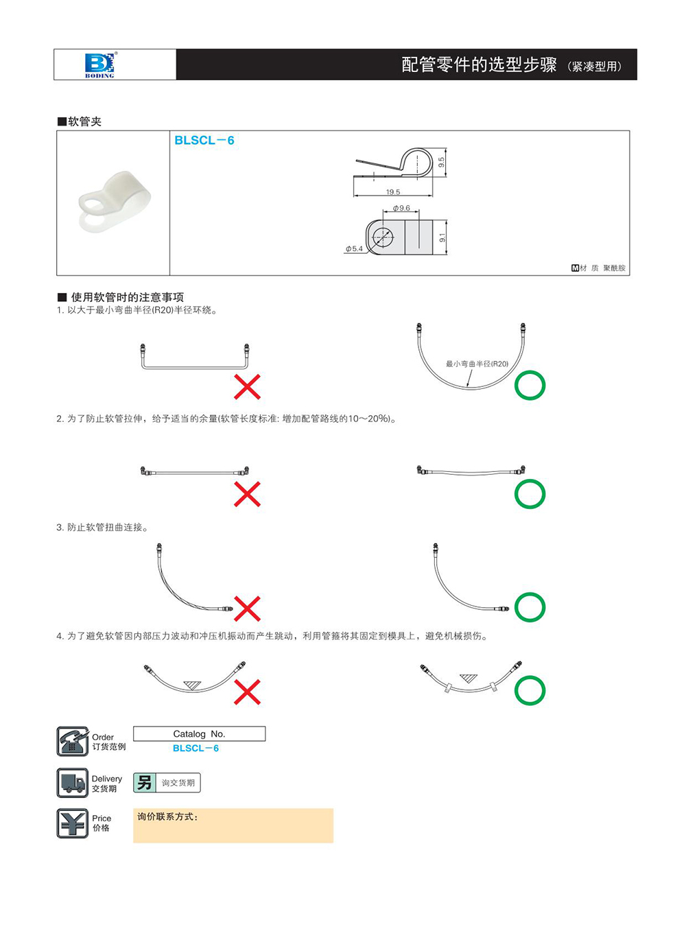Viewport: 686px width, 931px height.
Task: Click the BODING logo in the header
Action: click(x=99, y=64)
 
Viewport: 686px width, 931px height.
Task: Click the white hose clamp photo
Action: click(x=114, y=202)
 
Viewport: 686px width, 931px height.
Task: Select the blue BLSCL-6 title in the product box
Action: click(x=204, y=141)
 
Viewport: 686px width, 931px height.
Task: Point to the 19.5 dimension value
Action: click(x=393, y=192)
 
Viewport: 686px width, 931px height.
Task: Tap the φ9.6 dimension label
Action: click(x=401, y=208)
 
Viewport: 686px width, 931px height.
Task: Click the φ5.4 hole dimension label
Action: click(x=354, y=248)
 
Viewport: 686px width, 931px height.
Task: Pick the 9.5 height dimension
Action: click(x=441, y=163)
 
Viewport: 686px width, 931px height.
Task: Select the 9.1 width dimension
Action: click(x=442, y=237)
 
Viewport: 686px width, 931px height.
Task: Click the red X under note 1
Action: click(x=247, y=387)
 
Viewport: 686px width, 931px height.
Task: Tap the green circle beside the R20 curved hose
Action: click(x=530, y=386)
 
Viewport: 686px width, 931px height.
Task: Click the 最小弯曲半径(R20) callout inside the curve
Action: click(x=477, y=364)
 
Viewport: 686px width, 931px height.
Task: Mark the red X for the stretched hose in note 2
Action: click(x=247, y=494)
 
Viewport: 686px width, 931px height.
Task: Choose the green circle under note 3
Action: click(x=530, y=607)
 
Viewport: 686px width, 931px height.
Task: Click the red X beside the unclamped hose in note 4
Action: click(x=247, y=692)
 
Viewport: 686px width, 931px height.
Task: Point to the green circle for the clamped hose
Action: click(x=530, y=690)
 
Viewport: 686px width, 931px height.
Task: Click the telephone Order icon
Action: click(x=72, y=742)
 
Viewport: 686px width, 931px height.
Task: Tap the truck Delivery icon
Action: click(x=72, y=783)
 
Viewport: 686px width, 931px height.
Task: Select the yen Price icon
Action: click(x=72, y=823)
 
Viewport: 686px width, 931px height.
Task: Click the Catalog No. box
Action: click(x=199, y=734)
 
